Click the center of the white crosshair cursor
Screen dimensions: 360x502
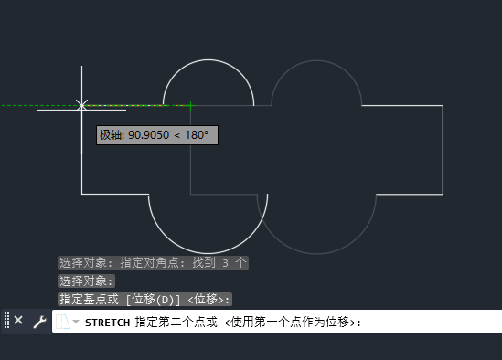coord(82,105)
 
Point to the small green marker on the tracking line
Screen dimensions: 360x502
coord(190,105)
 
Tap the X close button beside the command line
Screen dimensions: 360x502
coord(18,321)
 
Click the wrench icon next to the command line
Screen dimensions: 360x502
coord(39,322)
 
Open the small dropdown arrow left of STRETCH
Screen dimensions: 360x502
coord(76,323)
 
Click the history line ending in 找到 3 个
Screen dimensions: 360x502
coord(153,262)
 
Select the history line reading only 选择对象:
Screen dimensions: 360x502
coord(87,281)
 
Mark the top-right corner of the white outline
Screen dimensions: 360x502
coord(443,106)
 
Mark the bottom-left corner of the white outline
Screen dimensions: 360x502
coord(82,194)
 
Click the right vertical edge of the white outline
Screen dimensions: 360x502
coord(443,151)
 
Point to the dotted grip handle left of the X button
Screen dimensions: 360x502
coord(6,321)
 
